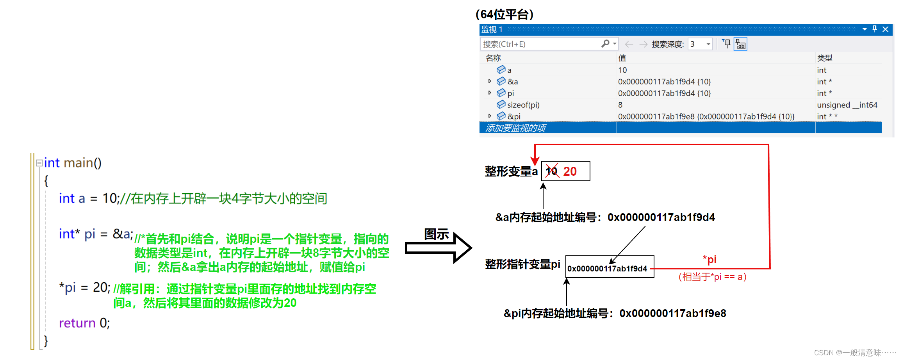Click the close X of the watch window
coord(885,29)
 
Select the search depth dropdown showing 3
coord(701,44)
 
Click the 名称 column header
coord(493,58)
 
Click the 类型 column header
coord(824,58)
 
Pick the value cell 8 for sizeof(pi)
coord(620,105)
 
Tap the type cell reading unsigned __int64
coord(847,105)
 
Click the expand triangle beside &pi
coord(490,116)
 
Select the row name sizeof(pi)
coord(523,105)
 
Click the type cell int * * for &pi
coord(827,116)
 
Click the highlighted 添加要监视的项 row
coord(515,128)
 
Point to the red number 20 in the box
coord(570,171)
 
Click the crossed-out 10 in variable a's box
coord(551,171)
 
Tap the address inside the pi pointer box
coord(607,269)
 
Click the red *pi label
coord(709,259)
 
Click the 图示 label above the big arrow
coord(437,234)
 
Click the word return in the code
coord(77,323)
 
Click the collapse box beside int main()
coord(39,163)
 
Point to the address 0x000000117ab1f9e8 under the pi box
coord(672,313)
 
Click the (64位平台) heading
coord(504,14)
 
